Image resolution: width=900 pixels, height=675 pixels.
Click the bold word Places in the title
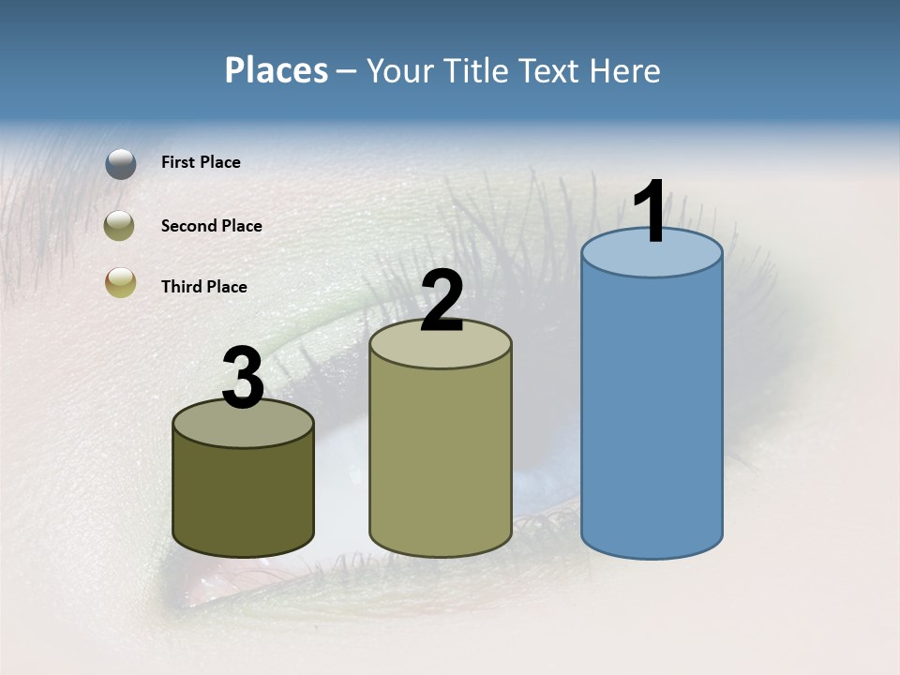277,70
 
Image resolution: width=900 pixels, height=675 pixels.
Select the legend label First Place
201,162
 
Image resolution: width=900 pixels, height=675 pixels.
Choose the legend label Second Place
211,226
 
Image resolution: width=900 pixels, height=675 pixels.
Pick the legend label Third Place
203,287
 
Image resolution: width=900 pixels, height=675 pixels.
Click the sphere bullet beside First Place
121,163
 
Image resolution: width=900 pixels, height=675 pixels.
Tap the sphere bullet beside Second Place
120,226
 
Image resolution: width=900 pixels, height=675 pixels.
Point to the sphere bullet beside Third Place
120,283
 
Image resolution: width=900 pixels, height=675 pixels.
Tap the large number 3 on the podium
244,378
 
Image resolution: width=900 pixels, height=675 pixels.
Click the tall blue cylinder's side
652,412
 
